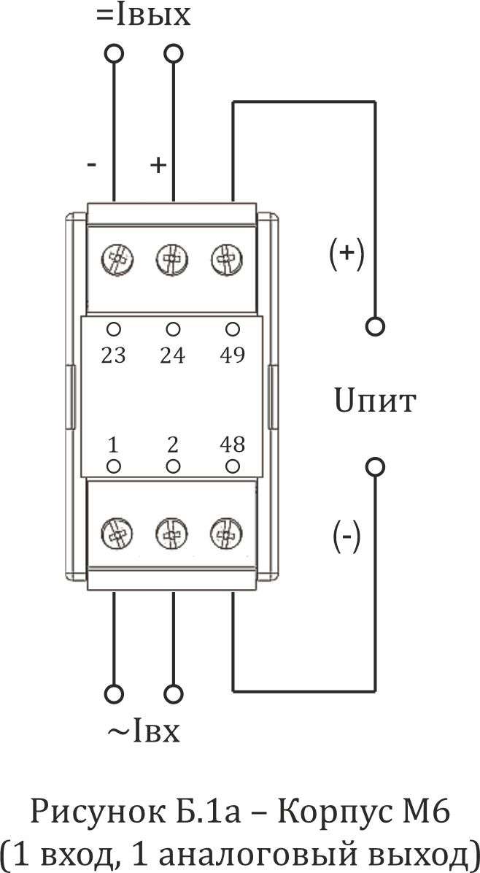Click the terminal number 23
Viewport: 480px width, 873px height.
pos(114,355)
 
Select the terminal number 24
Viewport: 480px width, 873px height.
pos(172,355)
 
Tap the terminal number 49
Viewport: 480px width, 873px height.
pos(233,355)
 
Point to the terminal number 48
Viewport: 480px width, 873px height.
pos(233,445)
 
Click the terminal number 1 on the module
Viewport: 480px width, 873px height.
pos(113,445)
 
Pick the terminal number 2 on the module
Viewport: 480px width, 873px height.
pos(173,445)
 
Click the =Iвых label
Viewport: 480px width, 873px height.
pos(144,15)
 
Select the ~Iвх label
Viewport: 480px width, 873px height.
pos(144,731)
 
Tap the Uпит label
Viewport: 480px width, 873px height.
pos(375,401)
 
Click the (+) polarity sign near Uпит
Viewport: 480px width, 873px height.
pos(347,253)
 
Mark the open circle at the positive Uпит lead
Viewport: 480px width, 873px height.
pos(375,326)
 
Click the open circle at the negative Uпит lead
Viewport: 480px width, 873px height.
pos(375,466)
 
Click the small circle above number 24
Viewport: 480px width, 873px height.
pos(173,328)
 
